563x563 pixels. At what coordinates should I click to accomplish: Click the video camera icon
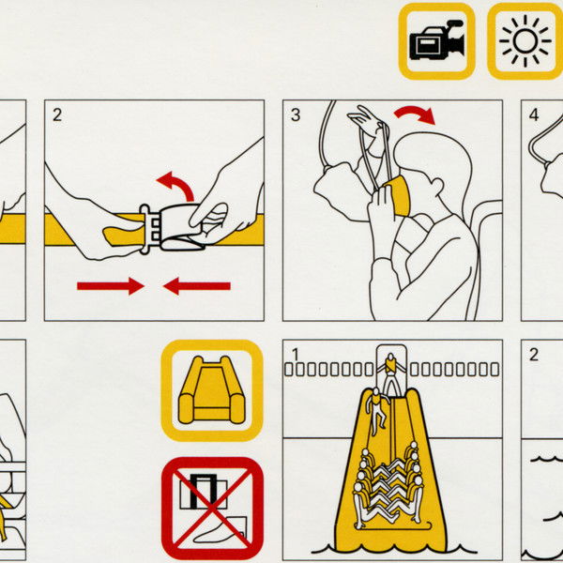pyautogui.click(x=436, y=40)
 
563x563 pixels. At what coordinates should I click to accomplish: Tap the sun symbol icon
pyautogui.click(x=525, y=41)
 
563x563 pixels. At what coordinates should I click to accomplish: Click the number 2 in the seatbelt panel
pyautogui.click(x=57, y=115)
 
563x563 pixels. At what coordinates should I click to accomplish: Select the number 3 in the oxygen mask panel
pyautogui.click(x=296, y=114)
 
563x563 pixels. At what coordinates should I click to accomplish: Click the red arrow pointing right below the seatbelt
pyautogui.click(x=111, y=286)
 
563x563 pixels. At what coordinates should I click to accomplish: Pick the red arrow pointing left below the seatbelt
pyautogui.click(x=197, y=286)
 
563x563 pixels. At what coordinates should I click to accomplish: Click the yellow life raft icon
pyautogui.click(x=212, y=390)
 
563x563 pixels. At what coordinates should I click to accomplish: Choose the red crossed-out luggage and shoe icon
pyautogui.click(x=212, y=508)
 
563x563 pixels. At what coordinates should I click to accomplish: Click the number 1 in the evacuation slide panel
pyautogui.click(x=296, y=355)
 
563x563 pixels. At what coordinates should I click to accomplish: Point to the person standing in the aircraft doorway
pyautogui.click(x=391, y=373)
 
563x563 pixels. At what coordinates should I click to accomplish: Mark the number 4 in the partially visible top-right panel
pyautogui.click(x=534, y=114)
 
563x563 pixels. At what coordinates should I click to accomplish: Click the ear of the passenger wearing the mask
pyautogui.click(x=437, y=186)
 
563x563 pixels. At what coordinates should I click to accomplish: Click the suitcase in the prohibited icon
pyautogui.click(x=204, y=491)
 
